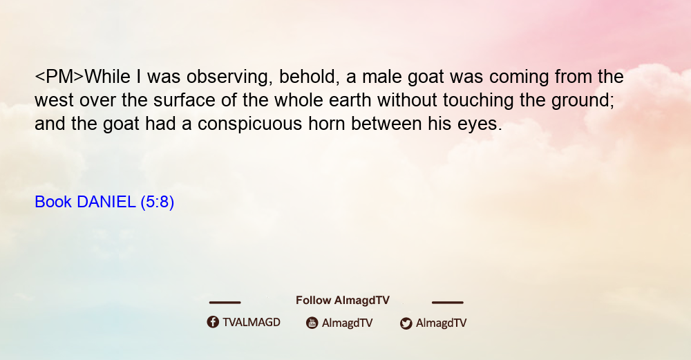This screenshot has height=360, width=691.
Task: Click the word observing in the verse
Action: (227, 77)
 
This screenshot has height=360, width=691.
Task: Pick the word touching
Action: (477, 101)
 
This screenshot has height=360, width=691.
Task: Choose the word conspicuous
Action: (249, 124)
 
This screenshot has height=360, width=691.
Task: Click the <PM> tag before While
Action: (59, 77)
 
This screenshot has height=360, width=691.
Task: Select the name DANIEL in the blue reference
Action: (106, 202)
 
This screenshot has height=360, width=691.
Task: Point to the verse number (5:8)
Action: (158, 202)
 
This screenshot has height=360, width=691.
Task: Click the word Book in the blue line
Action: (53, 202)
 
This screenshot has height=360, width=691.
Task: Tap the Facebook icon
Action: (213, 322)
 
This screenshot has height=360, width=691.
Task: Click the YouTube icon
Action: (312, 323)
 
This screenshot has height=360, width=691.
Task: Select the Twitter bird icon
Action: (406, 323)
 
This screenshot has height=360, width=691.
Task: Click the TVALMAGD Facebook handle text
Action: (252, 323)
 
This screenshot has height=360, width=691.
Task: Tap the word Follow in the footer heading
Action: (313, 301)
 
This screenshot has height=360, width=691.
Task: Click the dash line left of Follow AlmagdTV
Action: (225, 302)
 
